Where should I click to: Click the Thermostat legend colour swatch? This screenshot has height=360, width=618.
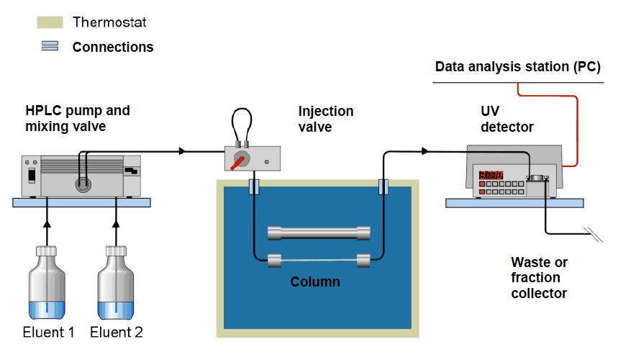[x=50, y=22]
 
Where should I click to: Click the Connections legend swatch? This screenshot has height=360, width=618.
[x=50, y=46]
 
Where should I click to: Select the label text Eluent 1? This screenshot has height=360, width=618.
[x=49, y=333]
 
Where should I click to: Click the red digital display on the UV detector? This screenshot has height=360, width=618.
[x=491, y=175]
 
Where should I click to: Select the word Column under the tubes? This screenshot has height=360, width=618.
[x=315, y=282]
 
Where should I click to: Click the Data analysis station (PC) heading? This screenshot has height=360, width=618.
[x=517, y=67]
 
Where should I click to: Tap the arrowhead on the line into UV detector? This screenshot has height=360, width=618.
[x=426, y=151]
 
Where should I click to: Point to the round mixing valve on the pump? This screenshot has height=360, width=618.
[x=83, y=184]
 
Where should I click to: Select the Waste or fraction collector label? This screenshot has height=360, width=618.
[x=539, y=278]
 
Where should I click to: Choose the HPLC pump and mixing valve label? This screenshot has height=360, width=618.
[x=78, y=118]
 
